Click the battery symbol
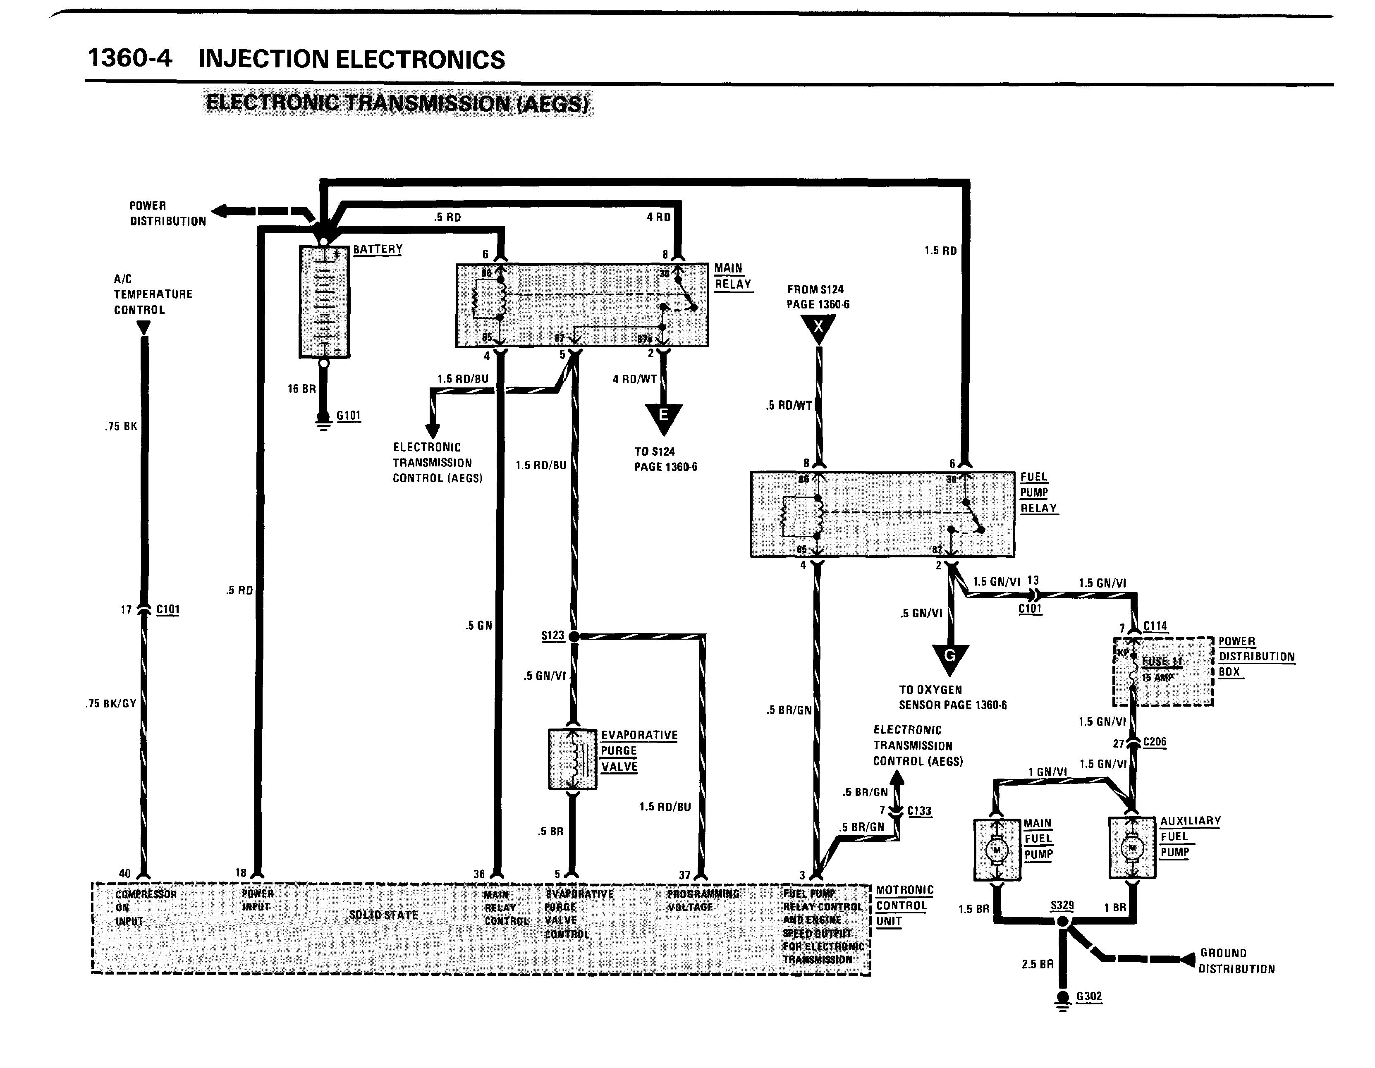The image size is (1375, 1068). coord(324,301)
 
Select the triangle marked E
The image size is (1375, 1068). coord(664,417)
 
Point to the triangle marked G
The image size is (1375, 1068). coord(950,658)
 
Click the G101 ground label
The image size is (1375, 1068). coord(348,416)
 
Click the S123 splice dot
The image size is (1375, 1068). coord(574,636)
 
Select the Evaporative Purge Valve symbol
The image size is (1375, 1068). coord(572,760)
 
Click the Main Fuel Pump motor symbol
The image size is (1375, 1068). coord(997,850)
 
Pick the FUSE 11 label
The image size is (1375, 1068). coord(1162,662)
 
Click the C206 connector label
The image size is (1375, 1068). coord(1155,742)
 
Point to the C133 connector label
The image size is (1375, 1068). coord(919,811)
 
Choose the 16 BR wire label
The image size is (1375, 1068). coord(301,389)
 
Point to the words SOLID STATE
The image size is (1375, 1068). coord(383,915)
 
